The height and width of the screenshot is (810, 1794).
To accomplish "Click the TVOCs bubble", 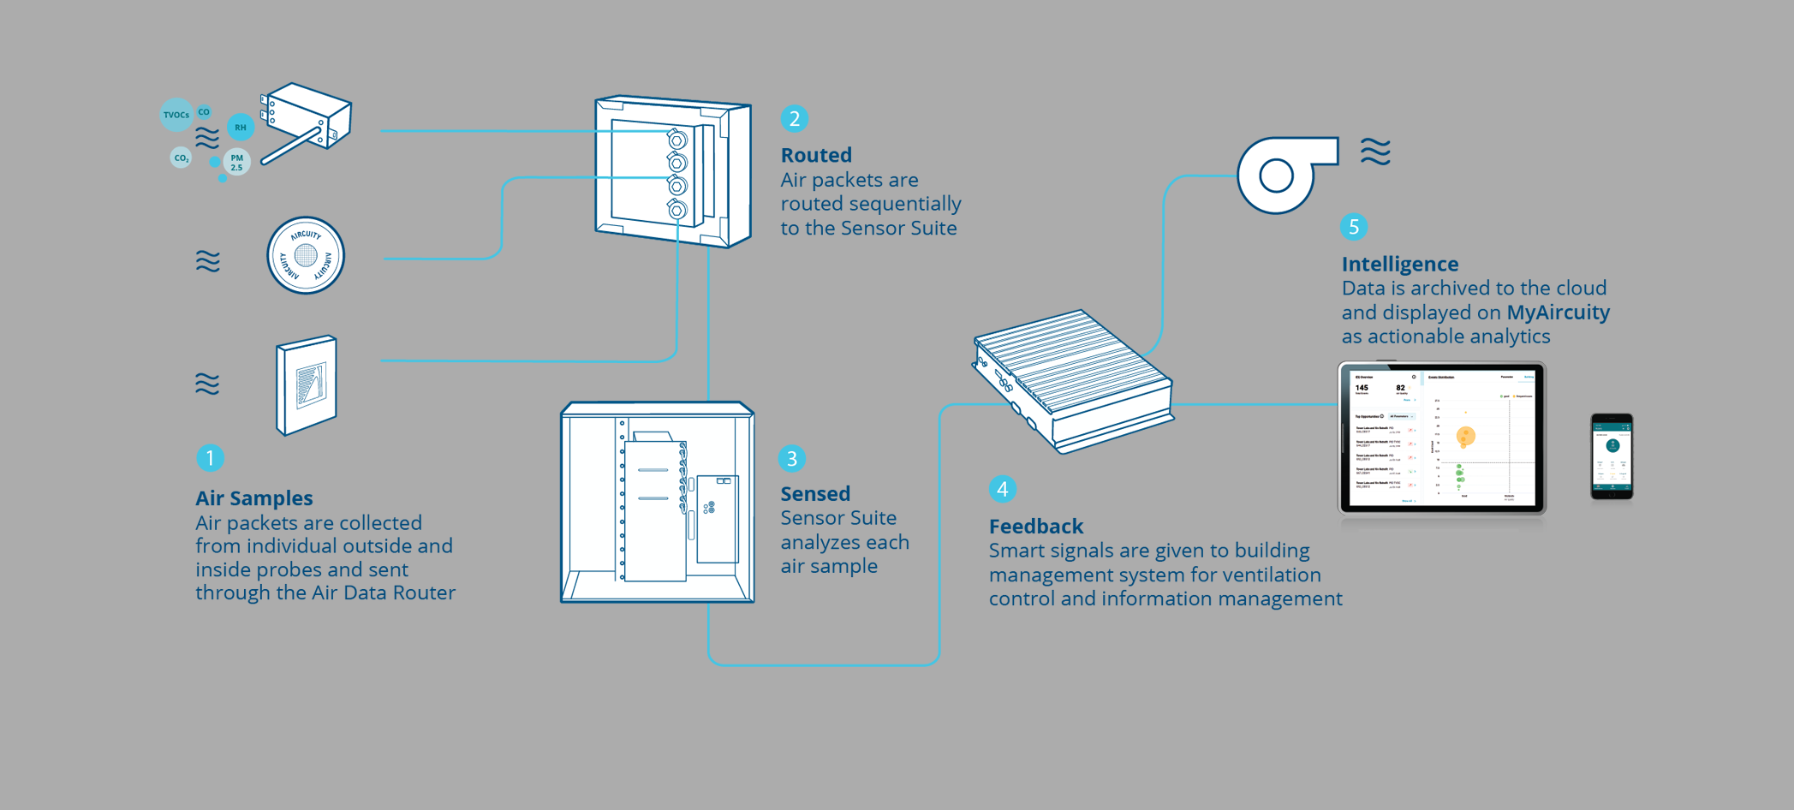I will [x=176, y=115].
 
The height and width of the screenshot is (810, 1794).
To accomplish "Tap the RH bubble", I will [x=241, y=128].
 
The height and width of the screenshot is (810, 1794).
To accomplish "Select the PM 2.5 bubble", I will [x=236, y=162].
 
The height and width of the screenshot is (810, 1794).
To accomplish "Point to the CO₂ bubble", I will [x=181, y=158].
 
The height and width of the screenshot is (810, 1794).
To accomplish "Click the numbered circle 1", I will [x=210, y=458].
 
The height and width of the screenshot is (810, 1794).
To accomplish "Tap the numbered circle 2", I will [x=795, y=118].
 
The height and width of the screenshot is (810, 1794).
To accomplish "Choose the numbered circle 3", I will [x=792, y=459].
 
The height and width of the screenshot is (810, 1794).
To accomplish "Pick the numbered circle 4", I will [x=1003, y=489].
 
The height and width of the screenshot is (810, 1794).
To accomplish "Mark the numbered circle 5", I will [x=1354, y=227].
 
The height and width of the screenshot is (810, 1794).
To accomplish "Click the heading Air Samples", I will [x=254, y=498].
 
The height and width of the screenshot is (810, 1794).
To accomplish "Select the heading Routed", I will [x=816, y=155].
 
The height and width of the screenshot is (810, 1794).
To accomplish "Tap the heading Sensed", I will [x=815, y=494].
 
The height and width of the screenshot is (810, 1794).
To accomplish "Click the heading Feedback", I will [x=1036, y=527].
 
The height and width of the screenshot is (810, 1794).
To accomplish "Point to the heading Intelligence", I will [x=1400, y=264].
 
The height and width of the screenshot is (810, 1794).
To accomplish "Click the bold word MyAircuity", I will [x=1559, y=313].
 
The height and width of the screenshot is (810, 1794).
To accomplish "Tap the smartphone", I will [x=1612, y=456].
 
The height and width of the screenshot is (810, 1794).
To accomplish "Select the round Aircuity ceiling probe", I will [x=306, y=255].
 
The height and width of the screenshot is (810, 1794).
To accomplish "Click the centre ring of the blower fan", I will [x=1276, y=176].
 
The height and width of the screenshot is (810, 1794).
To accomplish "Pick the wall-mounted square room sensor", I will [x=307, y=385].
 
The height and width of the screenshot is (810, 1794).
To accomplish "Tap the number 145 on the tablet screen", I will [x=1362, y=388].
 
